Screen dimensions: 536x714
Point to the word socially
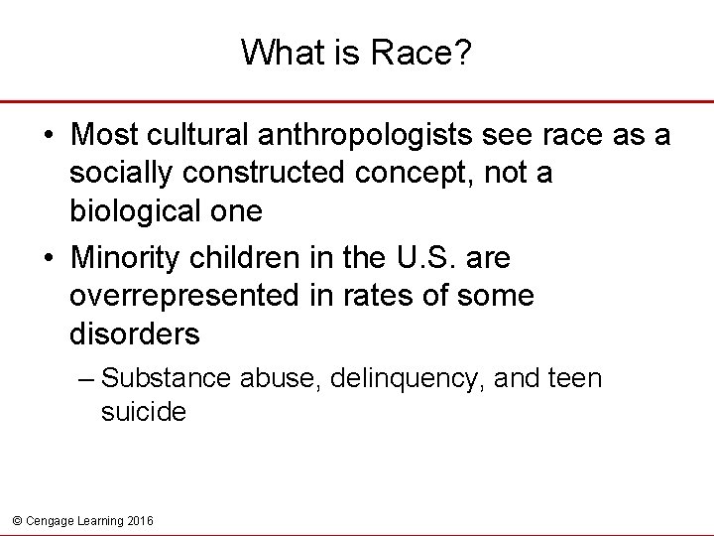(120, 174)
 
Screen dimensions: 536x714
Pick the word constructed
(264, 174)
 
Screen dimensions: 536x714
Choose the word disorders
(134, 335)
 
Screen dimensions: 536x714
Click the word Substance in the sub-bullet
(164, 379)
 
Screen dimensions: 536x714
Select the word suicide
(143, 411)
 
